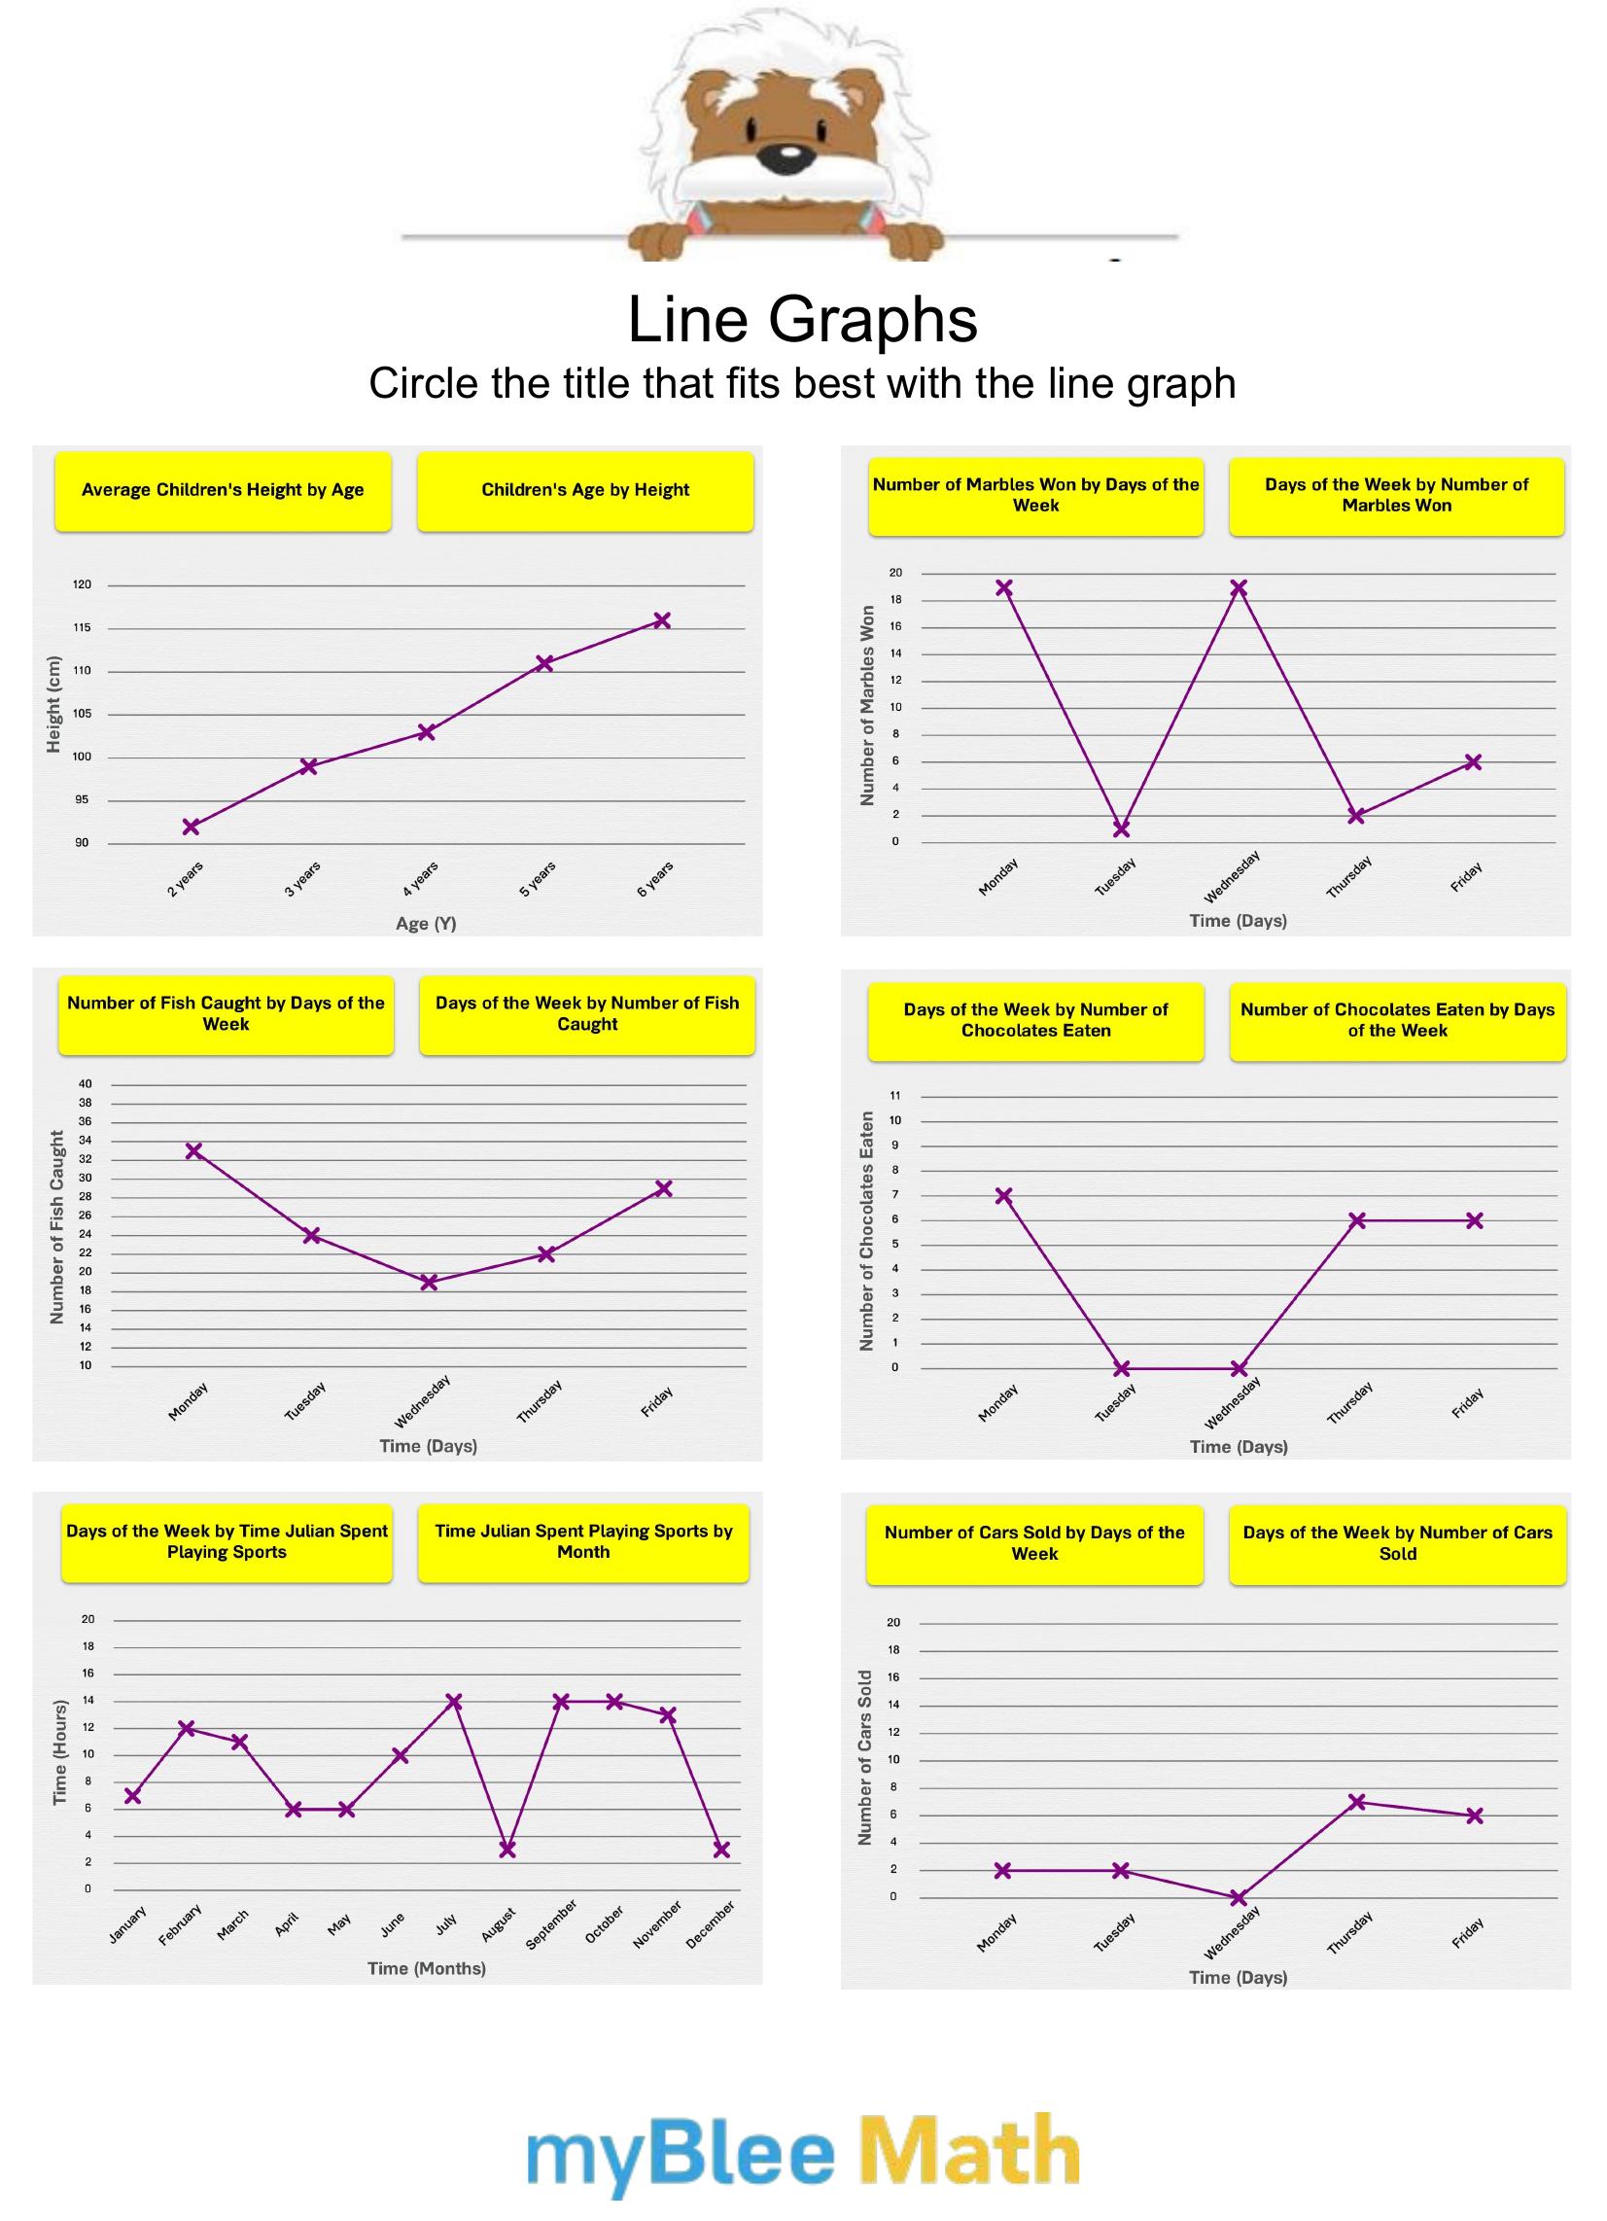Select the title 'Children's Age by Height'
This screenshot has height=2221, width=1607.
pyautogui.click(x=584, y=491)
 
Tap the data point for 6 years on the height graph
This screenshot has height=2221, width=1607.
pyautogui.click(x=662, y=619)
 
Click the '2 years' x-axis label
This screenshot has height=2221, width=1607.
pyautogui.click(x=185, y=878)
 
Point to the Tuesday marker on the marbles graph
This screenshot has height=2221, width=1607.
pyautogui.click(x=1121, y=828)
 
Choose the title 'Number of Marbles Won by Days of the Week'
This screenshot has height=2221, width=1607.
pyautogui.click(x=1035, y=496)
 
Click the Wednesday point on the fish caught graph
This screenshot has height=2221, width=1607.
pyautogui.click(x=429, y=1282)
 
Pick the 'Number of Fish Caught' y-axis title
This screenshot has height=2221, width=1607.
pyautogui.click(x=56, y=1227)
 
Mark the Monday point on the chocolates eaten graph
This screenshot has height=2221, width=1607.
pyautogui.click(x=1003, y=1196)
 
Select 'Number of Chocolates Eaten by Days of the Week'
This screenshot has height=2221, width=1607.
pyautogui.click(x=1397, y=1020)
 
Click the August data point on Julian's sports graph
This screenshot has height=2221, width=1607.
pyautogui.click(x=507, y=1849)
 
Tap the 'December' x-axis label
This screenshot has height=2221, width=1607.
pyautogui.click(x=710, y=1925)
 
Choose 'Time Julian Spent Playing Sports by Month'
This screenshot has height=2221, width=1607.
pyautogui.click(x=583, y=1541)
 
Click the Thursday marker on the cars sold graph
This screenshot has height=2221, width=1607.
pyautogui.click(x=1357, y=1802)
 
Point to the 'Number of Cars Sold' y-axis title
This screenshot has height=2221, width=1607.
pyautogui.click(x=864, y=1757)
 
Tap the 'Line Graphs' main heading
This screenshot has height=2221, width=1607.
pyautogui.click(x=802, y=319)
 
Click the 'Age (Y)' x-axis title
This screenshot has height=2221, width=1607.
pyautogui.click(x=426, y=924)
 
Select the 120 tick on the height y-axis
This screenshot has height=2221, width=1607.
pyautogui.click(x=83, y=585)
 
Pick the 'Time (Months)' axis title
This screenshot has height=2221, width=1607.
pyautogui.click(x=427, y=1968)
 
